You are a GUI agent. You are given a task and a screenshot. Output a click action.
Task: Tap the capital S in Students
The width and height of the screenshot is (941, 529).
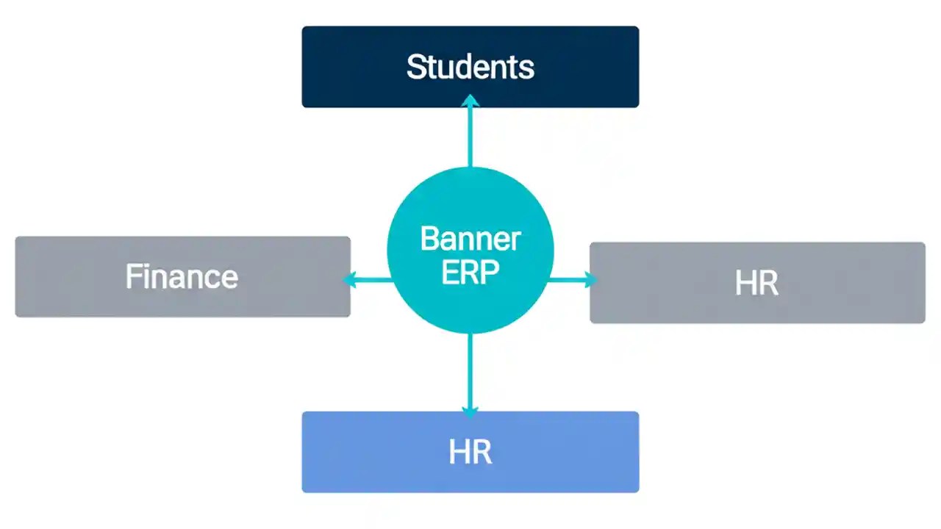417,67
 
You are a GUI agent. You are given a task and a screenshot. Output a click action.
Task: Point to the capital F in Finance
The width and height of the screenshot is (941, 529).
133,277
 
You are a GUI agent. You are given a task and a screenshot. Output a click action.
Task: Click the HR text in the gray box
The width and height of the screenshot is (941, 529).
756,284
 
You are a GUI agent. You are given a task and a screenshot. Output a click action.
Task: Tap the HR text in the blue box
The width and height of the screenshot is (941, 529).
470,453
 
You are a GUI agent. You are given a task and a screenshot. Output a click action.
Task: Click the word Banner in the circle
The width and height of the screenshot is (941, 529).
470,240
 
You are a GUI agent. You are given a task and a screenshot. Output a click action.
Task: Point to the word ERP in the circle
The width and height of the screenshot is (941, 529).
470,273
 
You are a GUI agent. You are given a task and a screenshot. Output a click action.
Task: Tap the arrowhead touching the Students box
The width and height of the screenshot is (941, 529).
470,101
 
